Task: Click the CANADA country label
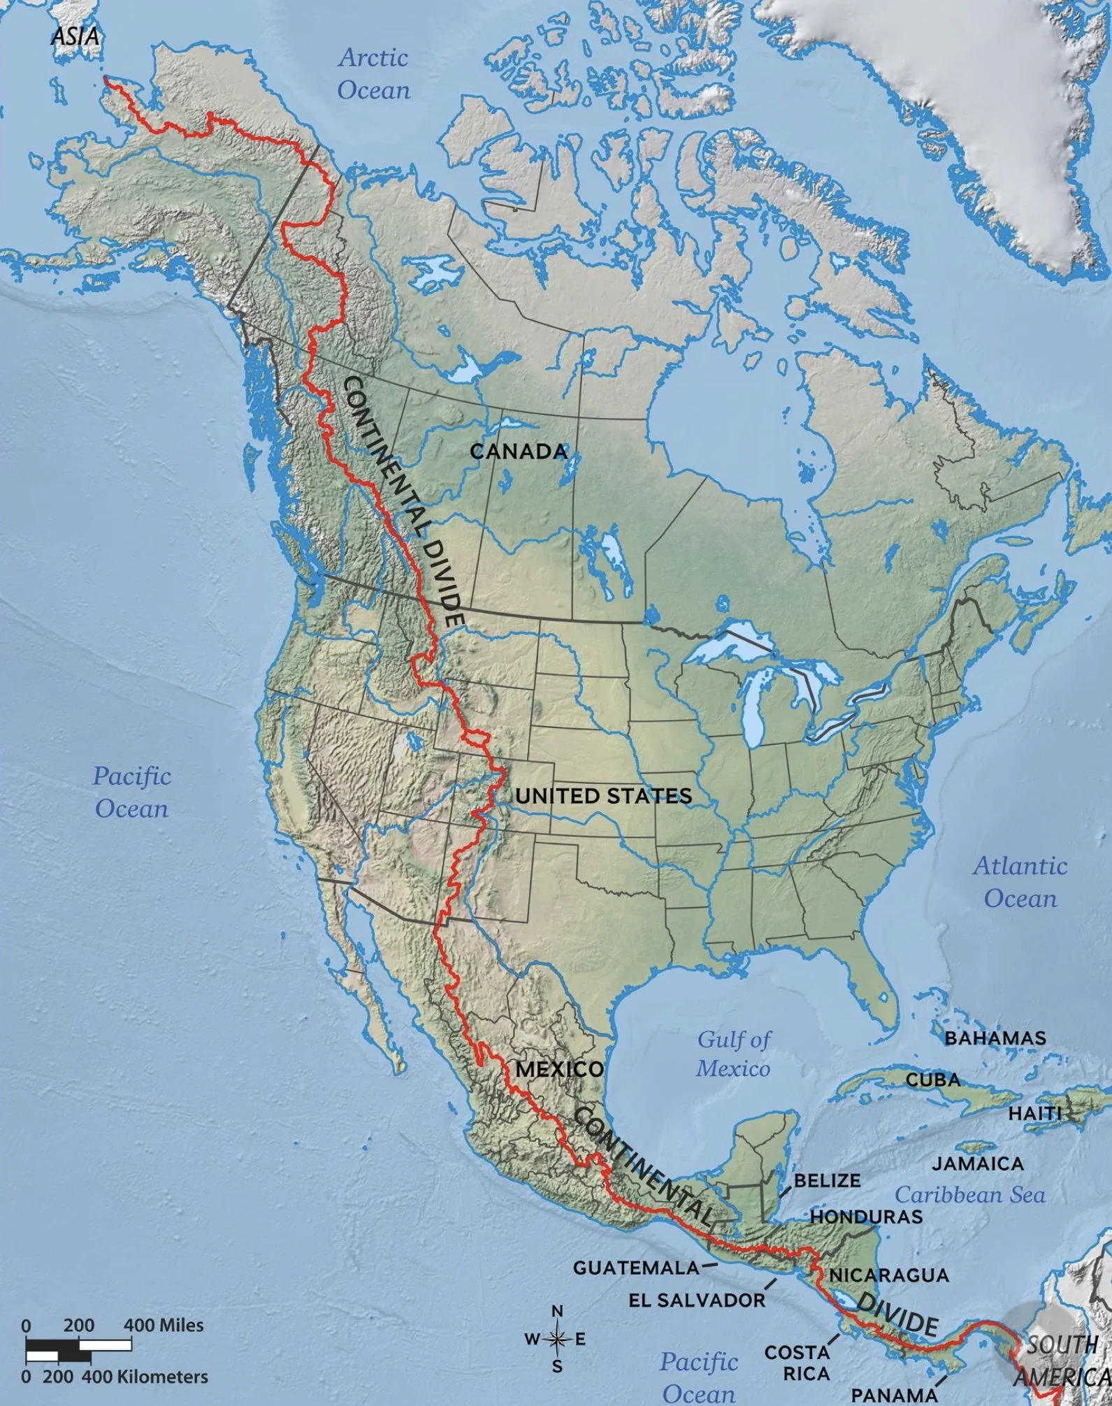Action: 519,451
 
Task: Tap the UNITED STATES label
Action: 604,795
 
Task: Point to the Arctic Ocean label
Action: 374,73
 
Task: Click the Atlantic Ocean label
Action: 1020,882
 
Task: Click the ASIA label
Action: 75,36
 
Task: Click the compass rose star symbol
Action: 557,1340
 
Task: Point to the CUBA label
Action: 933,1099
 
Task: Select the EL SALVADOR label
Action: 696,1300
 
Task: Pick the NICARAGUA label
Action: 888,1275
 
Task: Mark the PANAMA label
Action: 893,1395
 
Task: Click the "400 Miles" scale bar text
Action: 164,1325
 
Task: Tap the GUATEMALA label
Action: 636,1267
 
